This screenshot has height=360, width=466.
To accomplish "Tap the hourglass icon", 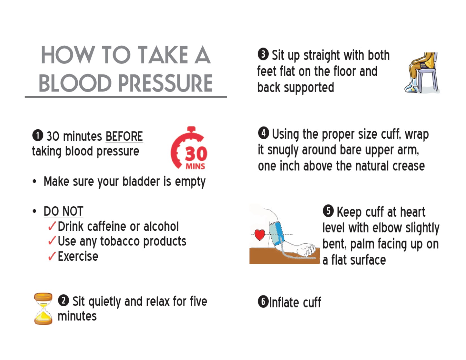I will tap(43, 309).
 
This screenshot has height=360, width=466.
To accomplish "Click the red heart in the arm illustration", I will tap(260, 234).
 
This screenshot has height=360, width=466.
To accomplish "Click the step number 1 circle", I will tap(38, 135).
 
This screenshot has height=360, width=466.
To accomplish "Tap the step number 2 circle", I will tap(64, 300).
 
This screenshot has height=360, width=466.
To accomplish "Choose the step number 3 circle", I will tap(263, 54).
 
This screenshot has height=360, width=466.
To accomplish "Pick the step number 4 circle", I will tap(264, 133).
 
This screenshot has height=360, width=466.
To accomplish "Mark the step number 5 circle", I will tap(328, 211).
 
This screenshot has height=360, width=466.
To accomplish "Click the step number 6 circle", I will tap(263, 302).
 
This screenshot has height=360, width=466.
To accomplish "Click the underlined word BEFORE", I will tap(124, 136).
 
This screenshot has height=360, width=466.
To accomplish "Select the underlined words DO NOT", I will tap(64, 211).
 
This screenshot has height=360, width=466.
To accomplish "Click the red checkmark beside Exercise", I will tap(52, 256).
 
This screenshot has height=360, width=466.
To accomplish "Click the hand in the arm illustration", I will tap(306, 250).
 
